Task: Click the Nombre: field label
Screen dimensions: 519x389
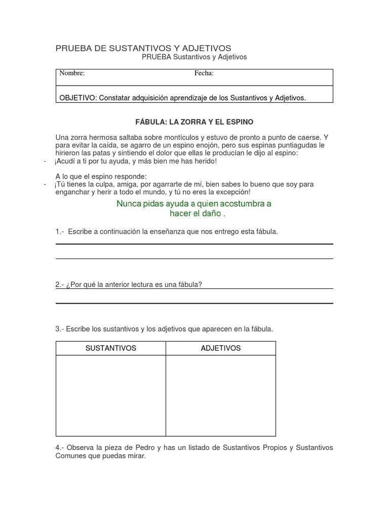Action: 72,73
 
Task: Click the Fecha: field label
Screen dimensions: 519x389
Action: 204,73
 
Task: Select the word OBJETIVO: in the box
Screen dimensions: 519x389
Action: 78,98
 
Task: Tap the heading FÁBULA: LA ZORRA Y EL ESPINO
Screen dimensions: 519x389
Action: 194,122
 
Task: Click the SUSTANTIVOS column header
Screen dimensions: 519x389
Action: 110,348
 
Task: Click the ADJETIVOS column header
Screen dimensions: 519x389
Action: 221,348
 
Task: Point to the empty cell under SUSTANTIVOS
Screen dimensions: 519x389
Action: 110,395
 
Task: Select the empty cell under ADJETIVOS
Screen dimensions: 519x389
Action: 221,395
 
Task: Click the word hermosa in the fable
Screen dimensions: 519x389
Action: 101,137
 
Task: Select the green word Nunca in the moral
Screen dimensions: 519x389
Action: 128,204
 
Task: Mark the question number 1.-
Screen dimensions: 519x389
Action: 60,232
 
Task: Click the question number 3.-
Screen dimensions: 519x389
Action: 60,329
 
